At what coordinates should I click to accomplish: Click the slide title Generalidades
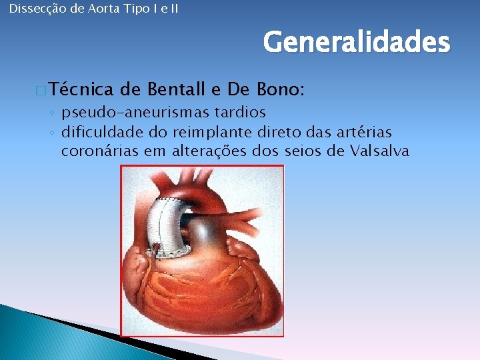[x=357, y=43]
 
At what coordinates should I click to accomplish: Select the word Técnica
[x=80, y=89]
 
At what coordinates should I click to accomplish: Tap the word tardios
[x=237, y=111]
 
